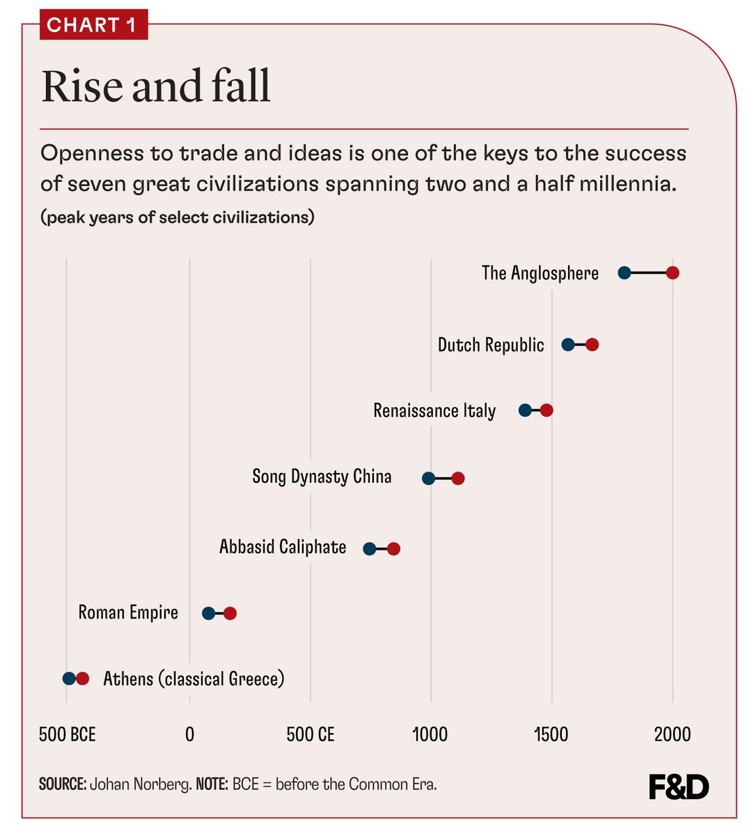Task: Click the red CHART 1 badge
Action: (x=93, y=25)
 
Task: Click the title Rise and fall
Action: (x=156, y=86)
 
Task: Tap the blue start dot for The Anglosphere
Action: (x=625, y=272)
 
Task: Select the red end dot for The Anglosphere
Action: (x=673, y=272)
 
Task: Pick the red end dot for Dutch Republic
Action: (x=592, y=345)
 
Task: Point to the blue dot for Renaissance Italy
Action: (x=525, y=410)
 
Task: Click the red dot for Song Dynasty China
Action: (x=457, y=478)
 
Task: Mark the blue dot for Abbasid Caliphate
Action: (x=370, y=548)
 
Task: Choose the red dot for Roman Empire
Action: (x=230, y=613)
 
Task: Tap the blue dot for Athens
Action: (x=69, y=679)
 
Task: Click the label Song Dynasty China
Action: (x=322, y=477)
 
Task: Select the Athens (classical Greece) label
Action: (x=194, y=679)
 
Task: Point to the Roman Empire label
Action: (x=128, y=612)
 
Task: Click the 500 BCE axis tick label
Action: (x=67, y=734)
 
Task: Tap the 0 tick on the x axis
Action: (x=189, y=734)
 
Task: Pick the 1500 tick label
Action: (x=551, y=734)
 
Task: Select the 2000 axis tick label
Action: (x=672, y=734)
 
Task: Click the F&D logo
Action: (x=678, y=787)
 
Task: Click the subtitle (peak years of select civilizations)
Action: (x=178, y=217)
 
